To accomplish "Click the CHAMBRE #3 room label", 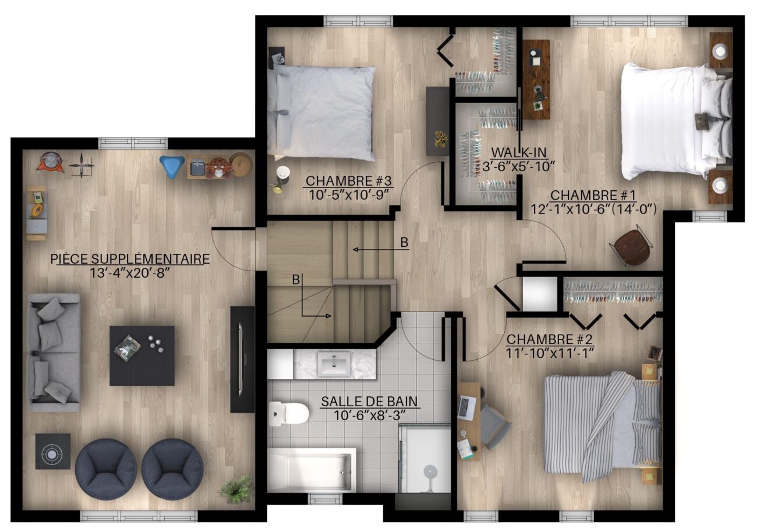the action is click(x=348, y=181).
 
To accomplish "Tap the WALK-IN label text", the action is click(x=518, y=152).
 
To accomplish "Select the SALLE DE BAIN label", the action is click(x=369, y=401).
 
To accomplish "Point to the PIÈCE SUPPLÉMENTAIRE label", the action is click(x=130, y=259).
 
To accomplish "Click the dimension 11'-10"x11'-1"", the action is click(x=550, y=353).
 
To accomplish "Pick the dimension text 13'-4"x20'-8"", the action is click(x=130, y=273).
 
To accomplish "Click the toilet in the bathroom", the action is click(x=288, y=413).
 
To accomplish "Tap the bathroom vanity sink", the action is click(x=334, y=364).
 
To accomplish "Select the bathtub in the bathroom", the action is click(x=312, y=470).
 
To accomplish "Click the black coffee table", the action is click(x=142, y=355).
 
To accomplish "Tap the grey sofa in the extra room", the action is click(x=54, y=352).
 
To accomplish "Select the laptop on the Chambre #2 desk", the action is click(x=466, y=407).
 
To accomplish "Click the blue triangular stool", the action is click(x=172, y=166).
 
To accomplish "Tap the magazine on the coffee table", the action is click(x=128, y=348).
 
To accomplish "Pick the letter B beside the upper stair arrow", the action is click(x=404, y=242).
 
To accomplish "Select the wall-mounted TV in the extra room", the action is click(x=242, y=359).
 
